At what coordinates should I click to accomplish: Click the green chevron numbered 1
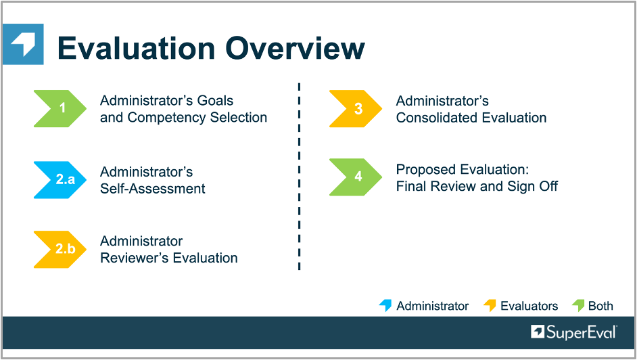pyautogui.click(x=60, y=108)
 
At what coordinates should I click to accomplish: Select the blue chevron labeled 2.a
pyautogui.click(x=60, y=179)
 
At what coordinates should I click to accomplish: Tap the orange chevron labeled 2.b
pyautogui.click(x=60, y=249)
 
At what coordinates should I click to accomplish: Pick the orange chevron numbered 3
pyautogui.click(x=356, y=108)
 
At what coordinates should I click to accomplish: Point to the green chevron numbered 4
pyautogui.click(x=356, y=177)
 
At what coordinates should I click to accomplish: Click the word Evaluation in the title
pyautogui.click(x=137, y=48)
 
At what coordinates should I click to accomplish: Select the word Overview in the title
pyautogui.click(x=296, y=48)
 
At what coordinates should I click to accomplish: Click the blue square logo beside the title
pyautogui.click(x=23, y=44)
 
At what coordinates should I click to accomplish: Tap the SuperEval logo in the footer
pyautogui.click(x=573, y=332)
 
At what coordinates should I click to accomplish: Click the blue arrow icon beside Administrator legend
pyautogui.click(x=385, y=305)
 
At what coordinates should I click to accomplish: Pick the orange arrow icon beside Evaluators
pyautogui.click(x=490, y=305)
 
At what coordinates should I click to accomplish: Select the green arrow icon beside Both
pyautogui.click(x=578, y=305)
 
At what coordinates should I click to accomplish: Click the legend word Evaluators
pyautogui.click(x=529, y=306)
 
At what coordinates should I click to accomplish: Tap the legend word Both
pyautogui.click(x=600, y=306)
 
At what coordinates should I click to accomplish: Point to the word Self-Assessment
pyautogui.click(x=153, y=189)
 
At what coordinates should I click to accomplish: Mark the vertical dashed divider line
pyautogui.click(x=299, y=177)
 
